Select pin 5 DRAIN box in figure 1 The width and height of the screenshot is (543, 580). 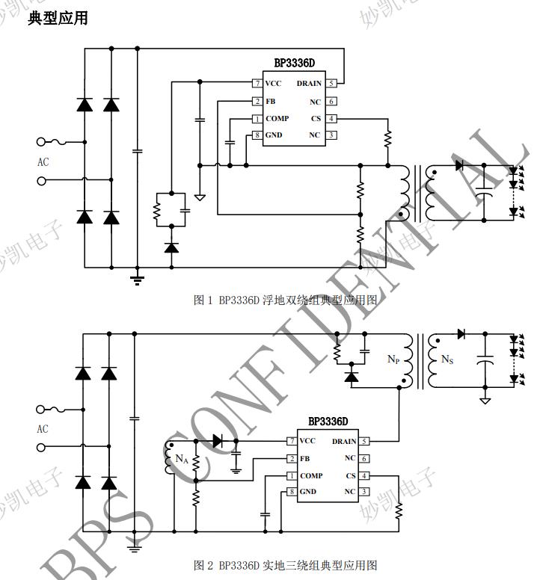pyautogui.click(x=331, y=83)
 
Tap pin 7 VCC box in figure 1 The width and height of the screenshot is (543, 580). pyautogui.click(x=257, y=83)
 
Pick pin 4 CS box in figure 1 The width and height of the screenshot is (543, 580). pyautogui.click(x=331, y=118)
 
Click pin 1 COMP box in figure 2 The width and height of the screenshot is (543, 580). pyautogui.click(x=292, y=475)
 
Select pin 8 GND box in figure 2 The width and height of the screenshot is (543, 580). pyautogui.click(x=292, y=491)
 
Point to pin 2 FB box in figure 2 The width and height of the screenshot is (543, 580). pyautogui.click(x=292, y=458)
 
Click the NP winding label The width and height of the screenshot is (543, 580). pyautogui.click(x=394, y=360)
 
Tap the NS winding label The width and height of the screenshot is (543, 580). pyautogui.click(x=447, y=360)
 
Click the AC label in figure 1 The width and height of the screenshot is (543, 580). pyautogui.click(x=43, y=161)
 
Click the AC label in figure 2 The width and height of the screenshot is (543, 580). pyautogui.click(x=43, y=429)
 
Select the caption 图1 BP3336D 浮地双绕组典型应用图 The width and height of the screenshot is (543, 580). pyautogui.click(x=285, y=300)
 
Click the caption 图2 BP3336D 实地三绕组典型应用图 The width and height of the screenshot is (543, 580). pyautogui.click(x=285, y=564)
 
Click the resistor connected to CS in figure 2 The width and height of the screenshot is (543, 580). pyautogui.click(x=399, y=511)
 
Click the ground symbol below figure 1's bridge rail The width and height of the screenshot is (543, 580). pyautogui.click(x=137, y=280)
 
